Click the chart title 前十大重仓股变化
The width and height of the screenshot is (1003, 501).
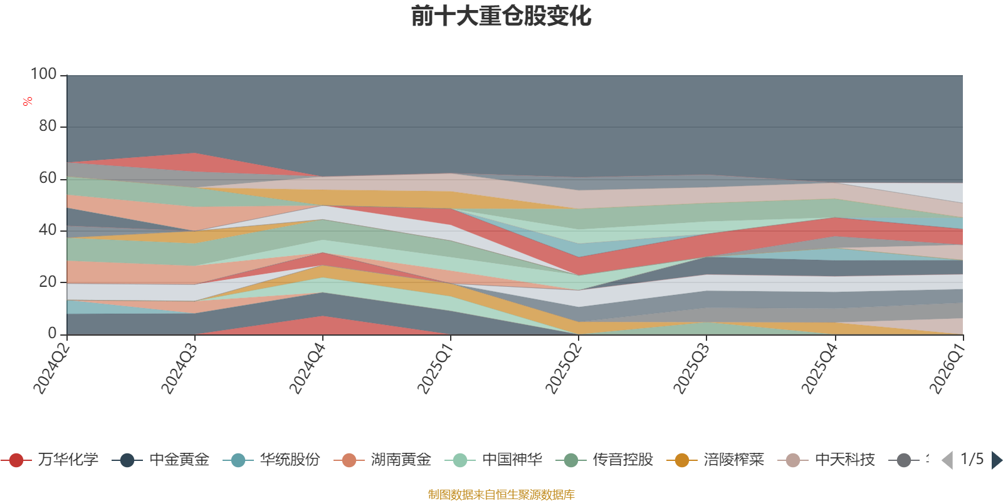[x=501, y=16]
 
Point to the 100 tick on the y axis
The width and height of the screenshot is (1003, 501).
[x=43, y=74]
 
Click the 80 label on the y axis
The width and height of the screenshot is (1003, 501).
[x=48, y=126]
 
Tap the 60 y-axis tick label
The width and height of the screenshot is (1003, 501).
[x=48, y=178]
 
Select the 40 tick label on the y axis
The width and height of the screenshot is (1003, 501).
[x=48, y=230]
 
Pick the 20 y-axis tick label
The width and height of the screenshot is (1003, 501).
[x=48, y=282]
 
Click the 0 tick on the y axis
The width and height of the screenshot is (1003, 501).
[x=53, y=333]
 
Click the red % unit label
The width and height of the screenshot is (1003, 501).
[x=28, y=101]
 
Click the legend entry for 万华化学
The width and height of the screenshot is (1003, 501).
[x=50, y=460]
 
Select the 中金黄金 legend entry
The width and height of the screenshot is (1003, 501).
[x=160, y=460]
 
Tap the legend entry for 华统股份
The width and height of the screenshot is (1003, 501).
[x=271, y=460]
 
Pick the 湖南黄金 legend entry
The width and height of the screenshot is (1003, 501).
[x=382, y=460]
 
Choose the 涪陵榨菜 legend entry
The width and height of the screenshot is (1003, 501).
[x=715, y=460]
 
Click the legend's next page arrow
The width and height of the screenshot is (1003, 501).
[x=997, y=460]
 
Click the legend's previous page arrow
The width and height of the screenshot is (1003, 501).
[x=947, y=460]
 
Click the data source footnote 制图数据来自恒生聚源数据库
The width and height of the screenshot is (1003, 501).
[x=501, y=494]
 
